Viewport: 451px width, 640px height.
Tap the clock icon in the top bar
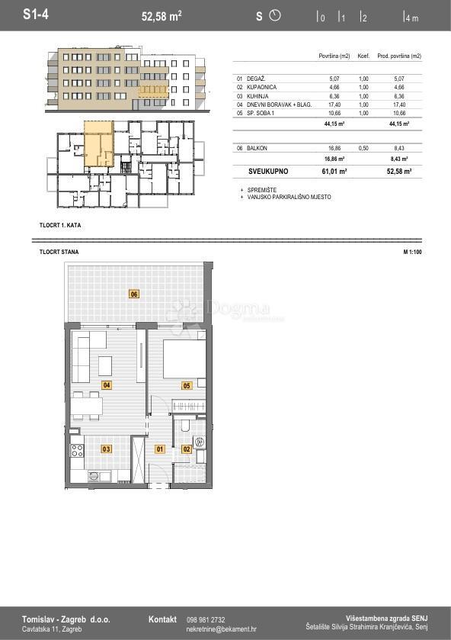[x=275, y=15]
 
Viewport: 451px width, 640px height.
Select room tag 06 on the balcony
[x=134, y=294]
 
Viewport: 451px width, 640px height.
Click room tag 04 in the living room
[x=106, y=385]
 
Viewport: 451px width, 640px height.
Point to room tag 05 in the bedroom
[x=186, y=386]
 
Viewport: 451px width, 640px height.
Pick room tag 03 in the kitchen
[x=106, y=449]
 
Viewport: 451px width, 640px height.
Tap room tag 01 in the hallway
[x=160, y=449]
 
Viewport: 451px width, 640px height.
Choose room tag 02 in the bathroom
[x=187, y=449]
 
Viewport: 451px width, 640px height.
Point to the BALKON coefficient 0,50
[x=363, y=148]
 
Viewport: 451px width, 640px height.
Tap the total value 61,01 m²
[x=335, y=172]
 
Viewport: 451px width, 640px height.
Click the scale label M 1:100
[x=412, y=252]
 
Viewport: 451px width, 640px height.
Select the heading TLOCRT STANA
[x=59, y=252]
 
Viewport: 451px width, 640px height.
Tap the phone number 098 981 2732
[x=206, y=620]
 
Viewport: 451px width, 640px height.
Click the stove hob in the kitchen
[x=78, y=450]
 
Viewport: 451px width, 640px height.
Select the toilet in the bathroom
[x=185, y=425]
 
